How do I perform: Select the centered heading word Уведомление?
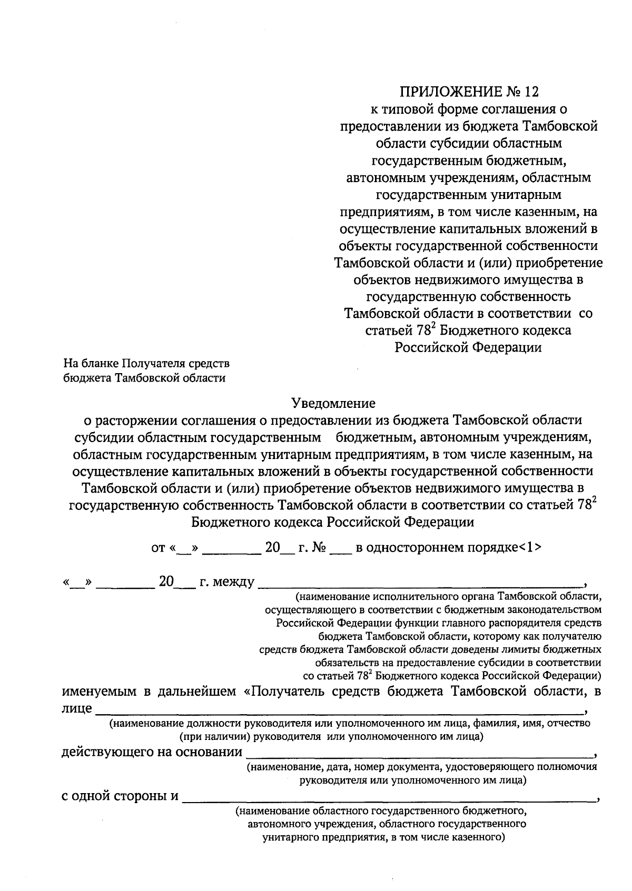(x=334, y=403)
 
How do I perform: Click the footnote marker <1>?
(x=529, y=547)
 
